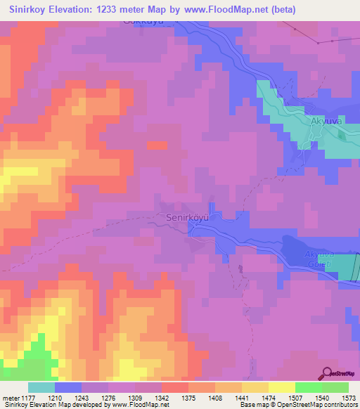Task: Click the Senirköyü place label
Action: pos(188,218)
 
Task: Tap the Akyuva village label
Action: pos(326,122)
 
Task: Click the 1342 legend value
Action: pos(161,397)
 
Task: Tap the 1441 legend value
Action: pos(241,397)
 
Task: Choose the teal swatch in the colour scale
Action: pos(41,387)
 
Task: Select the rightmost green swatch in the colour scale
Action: pos(335,387)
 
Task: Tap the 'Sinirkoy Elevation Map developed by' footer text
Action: pos(51,405)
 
